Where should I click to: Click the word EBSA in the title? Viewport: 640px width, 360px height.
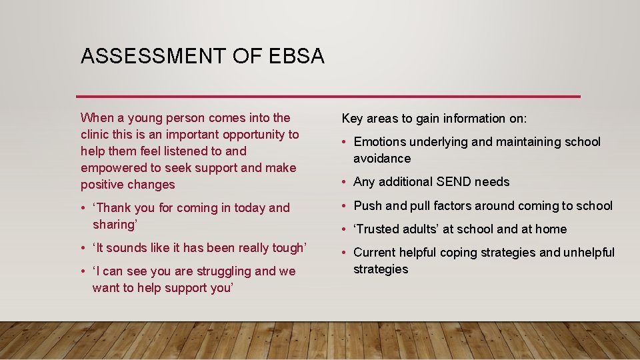(297, 56)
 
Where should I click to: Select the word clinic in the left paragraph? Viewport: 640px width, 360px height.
(97, 135)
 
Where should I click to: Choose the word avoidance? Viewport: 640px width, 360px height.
(382, 159)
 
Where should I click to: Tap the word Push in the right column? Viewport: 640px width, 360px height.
(367, 205)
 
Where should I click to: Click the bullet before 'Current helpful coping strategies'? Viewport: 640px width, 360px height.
(345, 253)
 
